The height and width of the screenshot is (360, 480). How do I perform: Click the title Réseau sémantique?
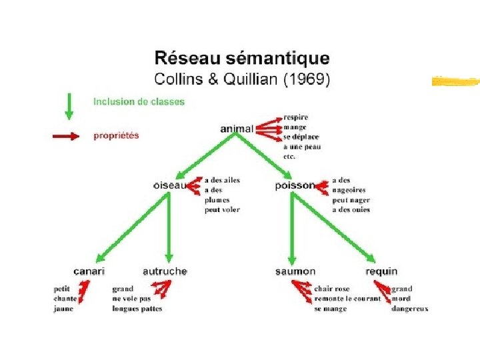tap(241, 58)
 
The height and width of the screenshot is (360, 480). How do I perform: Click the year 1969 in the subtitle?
tap(305, 79)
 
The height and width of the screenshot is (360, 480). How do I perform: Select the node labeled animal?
tap(237, 128)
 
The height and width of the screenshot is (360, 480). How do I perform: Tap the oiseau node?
tap(169, 185)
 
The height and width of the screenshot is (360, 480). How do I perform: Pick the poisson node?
tap(294, 185)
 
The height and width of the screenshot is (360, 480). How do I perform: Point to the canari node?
tap(89, 271)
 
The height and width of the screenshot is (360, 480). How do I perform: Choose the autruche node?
tap(165, 271)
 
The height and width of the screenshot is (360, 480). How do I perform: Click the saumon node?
tap(295, 271)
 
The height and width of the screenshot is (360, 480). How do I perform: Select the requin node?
tap(381, 271)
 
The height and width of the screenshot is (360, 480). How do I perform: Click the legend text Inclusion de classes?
tap(139, 102)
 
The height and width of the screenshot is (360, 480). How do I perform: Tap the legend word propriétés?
tap(116, 135)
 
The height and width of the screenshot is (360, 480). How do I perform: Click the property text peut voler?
tap(222, 209)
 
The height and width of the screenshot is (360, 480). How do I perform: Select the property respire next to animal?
tap(295, 117)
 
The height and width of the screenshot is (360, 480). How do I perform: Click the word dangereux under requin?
tap(409, 309)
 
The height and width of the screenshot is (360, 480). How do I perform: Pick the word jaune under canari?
tap(63, 309)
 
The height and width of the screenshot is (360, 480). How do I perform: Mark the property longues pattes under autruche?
tap(137, 309)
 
